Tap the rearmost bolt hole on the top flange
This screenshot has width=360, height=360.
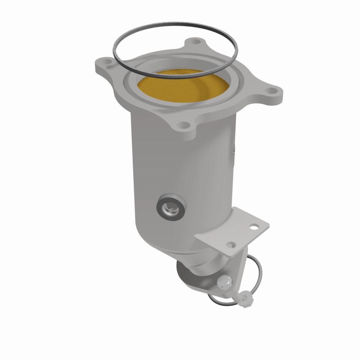[194, 42]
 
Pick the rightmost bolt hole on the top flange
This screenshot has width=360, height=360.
[270, 92]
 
